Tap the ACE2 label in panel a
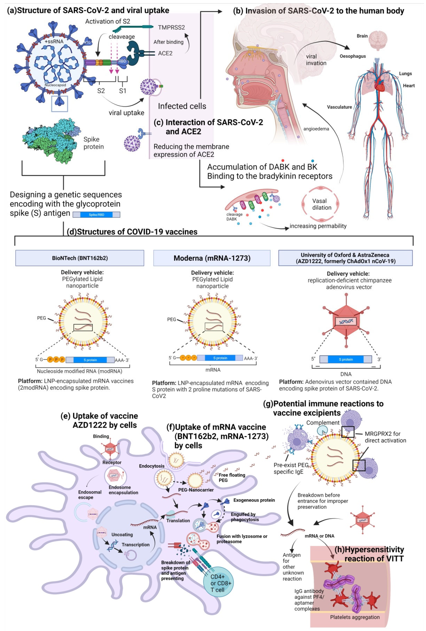(165, 53)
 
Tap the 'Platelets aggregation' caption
(355, 617)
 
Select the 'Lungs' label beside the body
(405, 74)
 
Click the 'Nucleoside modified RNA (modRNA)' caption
(79, 371)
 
